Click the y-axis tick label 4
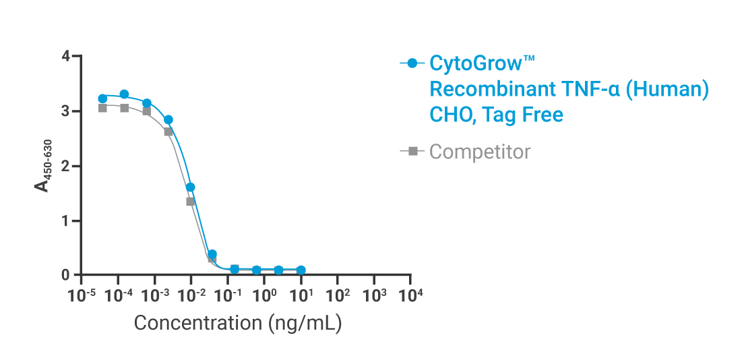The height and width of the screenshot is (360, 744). [65, 56]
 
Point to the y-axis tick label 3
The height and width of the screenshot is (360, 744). [65, 111]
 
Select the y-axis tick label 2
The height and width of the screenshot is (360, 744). [65, 166]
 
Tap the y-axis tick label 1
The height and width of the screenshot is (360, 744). [65, 220]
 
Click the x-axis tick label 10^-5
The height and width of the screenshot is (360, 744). [82, 295]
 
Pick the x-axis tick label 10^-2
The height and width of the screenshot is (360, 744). [191, 295]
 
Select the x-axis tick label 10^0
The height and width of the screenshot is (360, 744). [266, 295]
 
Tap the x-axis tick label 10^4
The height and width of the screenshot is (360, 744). [411, 295]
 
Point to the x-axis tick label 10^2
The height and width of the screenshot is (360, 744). [338, 295]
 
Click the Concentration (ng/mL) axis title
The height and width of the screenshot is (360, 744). [238, 323]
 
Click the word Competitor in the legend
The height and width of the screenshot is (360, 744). [480, 152]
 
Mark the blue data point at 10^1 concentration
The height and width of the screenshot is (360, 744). [301, 270]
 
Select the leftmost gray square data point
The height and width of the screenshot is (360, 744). [102, 108]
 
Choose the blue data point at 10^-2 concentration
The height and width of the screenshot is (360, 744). [191, 187]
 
